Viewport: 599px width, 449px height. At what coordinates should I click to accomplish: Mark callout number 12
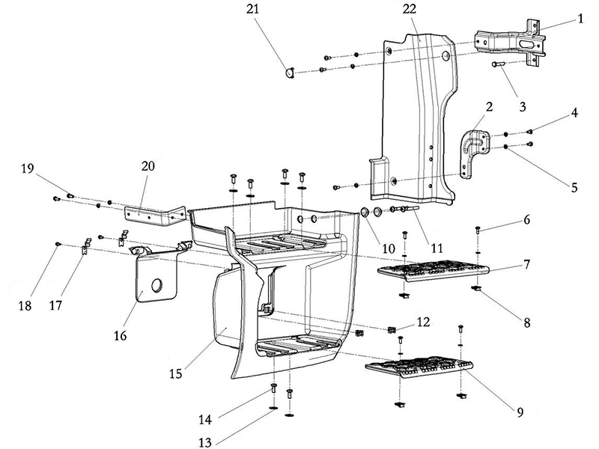(x=424, y=322)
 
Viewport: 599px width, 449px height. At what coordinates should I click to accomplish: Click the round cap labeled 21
(x=288, y=72)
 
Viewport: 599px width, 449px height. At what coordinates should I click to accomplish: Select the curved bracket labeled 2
(x=472, y=153)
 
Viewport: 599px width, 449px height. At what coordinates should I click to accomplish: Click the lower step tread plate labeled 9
(x=420, y=369)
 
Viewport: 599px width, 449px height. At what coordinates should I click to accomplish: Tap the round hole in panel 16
(x=158, y=285)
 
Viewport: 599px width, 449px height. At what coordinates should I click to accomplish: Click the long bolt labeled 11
(x=401, y=209)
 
